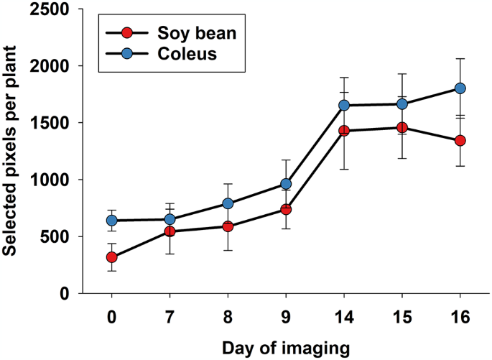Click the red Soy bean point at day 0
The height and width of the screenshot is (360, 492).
[112, 257]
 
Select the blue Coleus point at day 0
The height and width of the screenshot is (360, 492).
[112, 220]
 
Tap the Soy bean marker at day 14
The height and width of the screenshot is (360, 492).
[344, 131]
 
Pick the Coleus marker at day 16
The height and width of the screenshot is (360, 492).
[460, 88]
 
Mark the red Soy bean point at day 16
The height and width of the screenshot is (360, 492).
[460, 140]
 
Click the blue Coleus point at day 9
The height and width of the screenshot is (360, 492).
[286, 184]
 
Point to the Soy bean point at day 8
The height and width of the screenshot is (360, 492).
[228, 226]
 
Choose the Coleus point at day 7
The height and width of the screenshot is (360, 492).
[170, 219]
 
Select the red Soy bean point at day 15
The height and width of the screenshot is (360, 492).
[402, 127]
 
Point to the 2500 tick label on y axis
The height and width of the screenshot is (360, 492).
[53, 9]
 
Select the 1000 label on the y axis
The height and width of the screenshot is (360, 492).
[53, 180]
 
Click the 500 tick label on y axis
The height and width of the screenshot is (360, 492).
[58, 236]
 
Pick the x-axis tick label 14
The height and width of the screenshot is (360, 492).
[344, 318]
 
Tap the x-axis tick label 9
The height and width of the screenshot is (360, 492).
[286, 318]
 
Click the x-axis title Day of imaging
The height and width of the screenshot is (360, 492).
[286, 348]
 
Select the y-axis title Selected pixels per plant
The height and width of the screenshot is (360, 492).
[11, 151]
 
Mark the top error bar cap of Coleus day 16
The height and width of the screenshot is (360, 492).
[460, 59]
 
